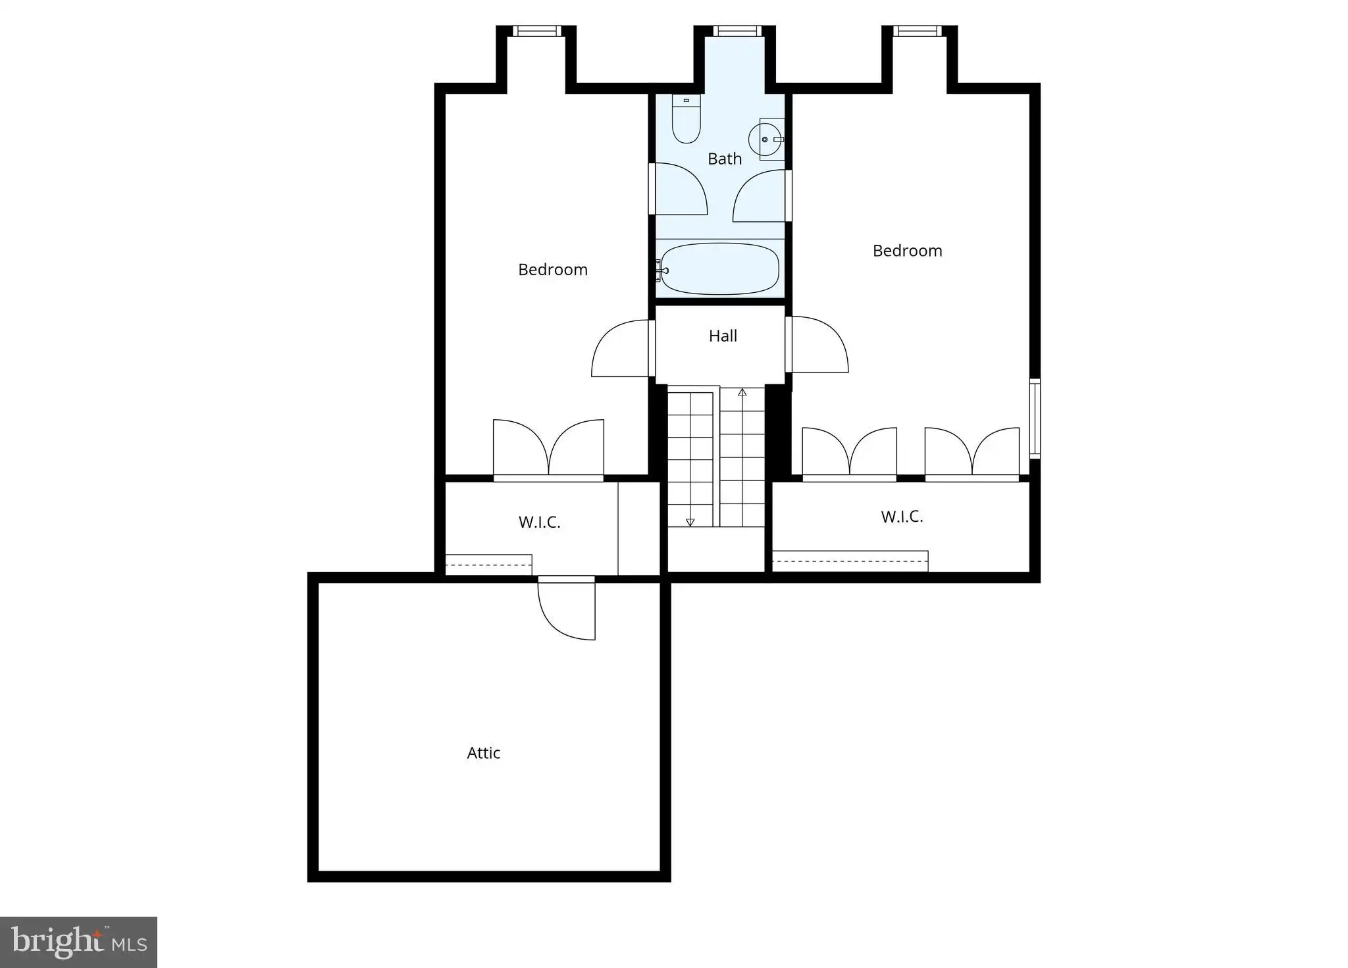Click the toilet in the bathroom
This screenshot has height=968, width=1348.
(x=686, y=119)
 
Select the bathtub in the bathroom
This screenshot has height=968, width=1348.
(x=719, y=269)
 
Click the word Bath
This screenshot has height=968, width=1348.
(x=725, y=159)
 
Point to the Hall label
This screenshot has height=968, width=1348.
(x=723, y=336)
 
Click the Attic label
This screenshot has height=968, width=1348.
(x=484, y=753)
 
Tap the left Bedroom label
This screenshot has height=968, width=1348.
(x=553, y=270)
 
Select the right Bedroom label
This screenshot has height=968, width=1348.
(x=908, y=251)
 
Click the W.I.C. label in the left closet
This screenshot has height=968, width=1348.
(x=540, y=522)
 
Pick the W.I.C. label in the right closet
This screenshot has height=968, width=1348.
(x=902, y=517)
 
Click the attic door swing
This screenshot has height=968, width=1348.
(x=567, y=608)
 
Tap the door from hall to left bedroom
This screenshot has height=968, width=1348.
(x=620, y=348)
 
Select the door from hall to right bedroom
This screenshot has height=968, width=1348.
(x=817, y=344)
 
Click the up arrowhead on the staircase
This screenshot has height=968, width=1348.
(x=742, y=392)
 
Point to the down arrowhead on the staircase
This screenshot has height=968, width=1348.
(x=690, y=522)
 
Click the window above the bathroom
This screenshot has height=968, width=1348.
(x=737, y=31)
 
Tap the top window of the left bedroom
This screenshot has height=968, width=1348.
(x=537, y=31)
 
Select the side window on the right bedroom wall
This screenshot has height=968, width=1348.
(x=1035, y=419)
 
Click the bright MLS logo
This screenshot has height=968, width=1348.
(x=78, y=942)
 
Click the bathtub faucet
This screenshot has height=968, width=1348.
(x=661, y=270)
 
